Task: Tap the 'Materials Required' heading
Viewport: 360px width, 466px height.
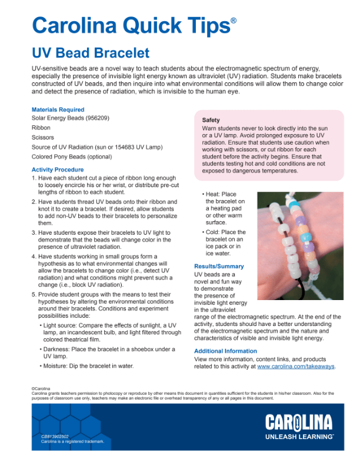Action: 58,109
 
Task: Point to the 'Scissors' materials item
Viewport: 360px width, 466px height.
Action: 42,137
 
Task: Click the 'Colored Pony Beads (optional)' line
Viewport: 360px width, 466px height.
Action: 72,157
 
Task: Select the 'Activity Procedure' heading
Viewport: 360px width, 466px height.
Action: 57,169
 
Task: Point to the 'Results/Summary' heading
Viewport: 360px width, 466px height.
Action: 219,267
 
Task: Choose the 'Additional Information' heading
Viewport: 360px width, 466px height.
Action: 225,351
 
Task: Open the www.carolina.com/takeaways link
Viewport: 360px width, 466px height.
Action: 296,366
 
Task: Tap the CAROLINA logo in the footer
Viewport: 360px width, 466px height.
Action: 298,422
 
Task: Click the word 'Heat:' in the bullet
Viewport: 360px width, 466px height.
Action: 213,194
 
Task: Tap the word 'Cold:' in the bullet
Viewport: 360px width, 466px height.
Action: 214,232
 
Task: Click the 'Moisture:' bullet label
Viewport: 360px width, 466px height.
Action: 58,365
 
